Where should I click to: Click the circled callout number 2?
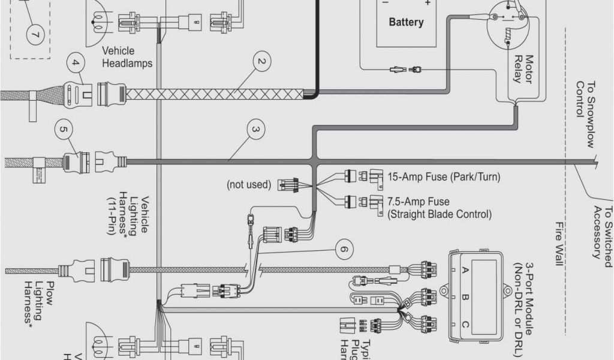click(x=261, y=61)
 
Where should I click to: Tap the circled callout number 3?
click(x=255, y=130)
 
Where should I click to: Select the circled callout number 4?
click(x=75, y=62)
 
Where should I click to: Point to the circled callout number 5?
click(x=63, y=128)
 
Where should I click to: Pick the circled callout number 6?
click(x=343, y=248)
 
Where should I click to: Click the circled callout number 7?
click(x=34, y=34)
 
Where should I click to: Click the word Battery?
click(x=406, y=22)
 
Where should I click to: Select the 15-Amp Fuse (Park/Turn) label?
click(x=444, y=177)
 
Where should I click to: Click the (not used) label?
click(x=249, y=184)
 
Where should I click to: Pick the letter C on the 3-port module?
click(x=463, y=325)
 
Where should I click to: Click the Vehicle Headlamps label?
click(x=127, y=57)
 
